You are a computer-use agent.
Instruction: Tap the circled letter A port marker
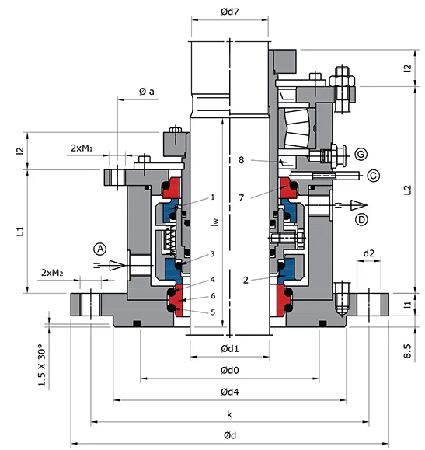[x=100, y=249]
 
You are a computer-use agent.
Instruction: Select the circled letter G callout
[x=360, y=152]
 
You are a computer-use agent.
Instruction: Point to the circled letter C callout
[x=373, y=176]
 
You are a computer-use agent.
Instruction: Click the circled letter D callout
[x=361, y=221]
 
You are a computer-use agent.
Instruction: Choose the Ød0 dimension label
[x=229, y=370]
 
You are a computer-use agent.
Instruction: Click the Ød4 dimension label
[x=229, y=391]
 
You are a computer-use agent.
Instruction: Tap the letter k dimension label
[x=229, y=413]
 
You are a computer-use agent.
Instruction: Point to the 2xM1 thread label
[x=84, y=148]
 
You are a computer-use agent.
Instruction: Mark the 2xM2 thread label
[x=53, y=273]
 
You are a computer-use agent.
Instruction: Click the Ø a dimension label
[x=146, y=92]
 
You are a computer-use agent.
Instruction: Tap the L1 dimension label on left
[x=21, y=230]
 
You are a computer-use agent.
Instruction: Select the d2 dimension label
[x=369, y=253]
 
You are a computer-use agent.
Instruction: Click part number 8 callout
[x=242, y=160]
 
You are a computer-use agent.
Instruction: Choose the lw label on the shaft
[x=214, y=222]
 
